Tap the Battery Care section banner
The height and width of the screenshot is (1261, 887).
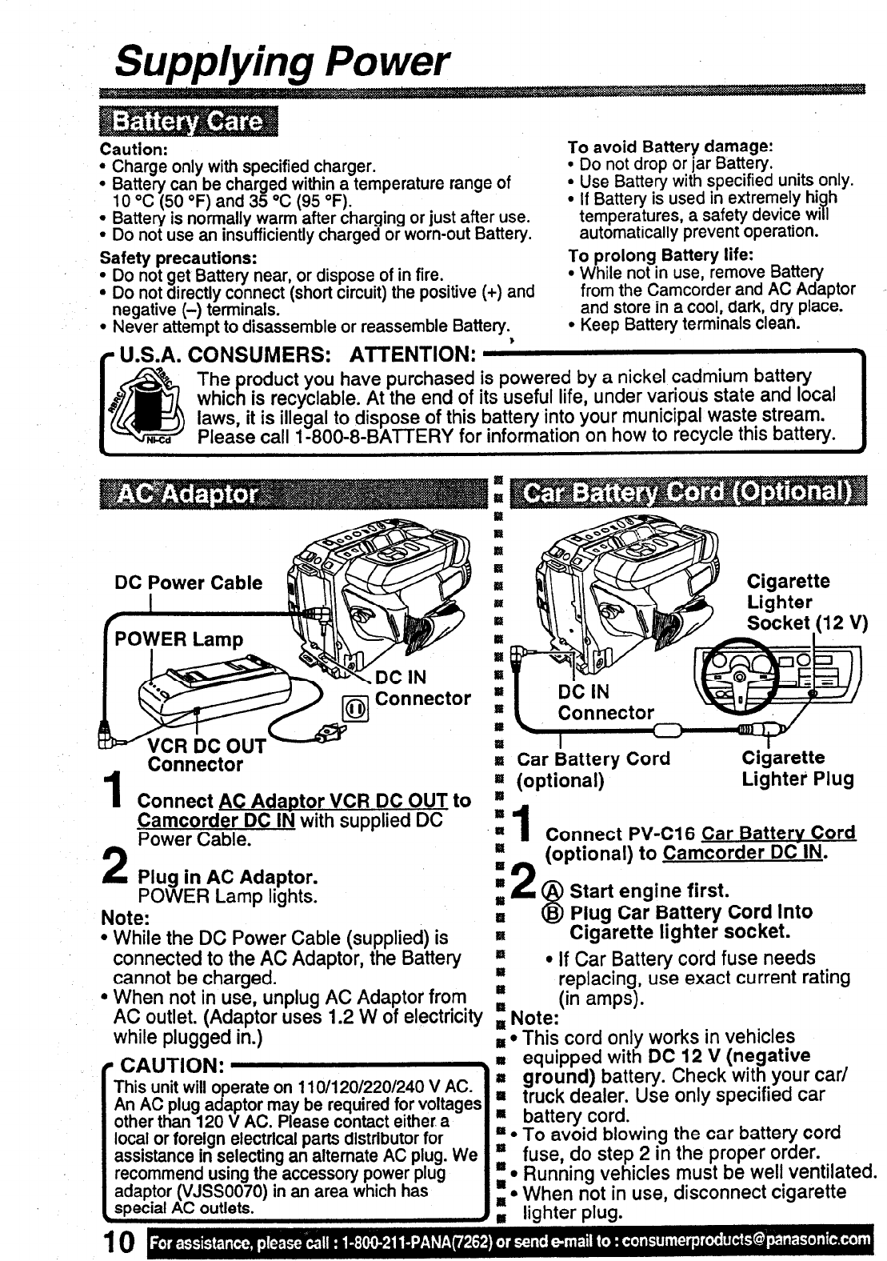coord(187,122)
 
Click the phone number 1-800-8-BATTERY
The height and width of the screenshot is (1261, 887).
coord(376,435)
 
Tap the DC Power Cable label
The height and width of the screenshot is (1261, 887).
coord(189,582)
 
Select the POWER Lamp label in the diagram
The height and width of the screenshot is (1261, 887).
coord(178,639)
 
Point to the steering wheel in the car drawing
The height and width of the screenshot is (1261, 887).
coord(736,672)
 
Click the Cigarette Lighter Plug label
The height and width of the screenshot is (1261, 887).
coord(797,768)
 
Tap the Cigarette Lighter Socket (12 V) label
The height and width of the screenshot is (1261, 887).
coord(806,602)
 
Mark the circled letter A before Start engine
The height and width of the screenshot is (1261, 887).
coord(551,891)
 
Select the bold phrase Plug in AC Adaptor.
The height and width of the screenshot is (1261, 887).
coord(227,876)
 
